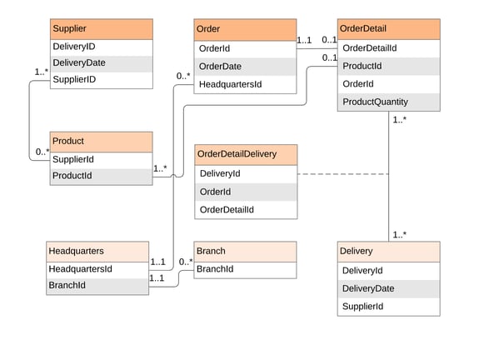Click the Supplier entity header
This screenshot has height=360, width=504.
pyautogui.click(x=101, y=28)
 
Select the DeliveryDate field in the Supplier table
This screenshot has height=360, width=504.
pyautogui.click(x=101, y=63)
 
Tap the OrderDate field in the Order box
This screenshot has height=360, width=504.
pyautogui.click(x=245, y=67)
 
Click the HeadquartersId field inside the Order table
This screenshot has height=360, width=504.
pyautogui.click(x=245, y=84)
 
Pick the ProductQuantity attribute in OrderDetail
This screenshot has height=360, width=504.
pyautogui.click(x=388, y=102)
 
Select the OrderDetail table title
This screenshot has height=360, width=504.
pyautogui.click(x=388, y=29)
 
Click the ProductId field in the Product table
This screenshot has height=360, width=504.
pyautogui.click(x=101, y=176)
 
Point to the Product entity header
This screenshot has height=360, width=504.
pyautogui.click(x=101, y=141)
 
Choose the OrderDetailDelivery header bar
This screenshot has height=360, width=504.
pyautogui.click(x=245, y=155)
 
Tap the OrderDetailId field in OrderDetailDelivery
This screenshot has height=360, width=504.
pyautogui.click(x=245, y=209)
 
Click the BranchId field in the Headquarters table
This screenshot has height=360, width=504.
pyautogui.click(x=97, y=286)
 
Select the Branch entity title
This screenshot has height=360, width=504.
pyautogui.click(x=245, y=251)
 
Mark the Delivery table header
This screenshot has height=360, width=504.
pyautogui.click(x=388, y=251)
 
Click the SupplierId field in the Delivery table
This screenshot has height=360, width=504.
pyautogui.click(x=388, y=307)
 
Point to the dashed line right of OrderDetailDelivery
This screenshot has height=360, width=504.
pyautogui.click(x=342, y=174)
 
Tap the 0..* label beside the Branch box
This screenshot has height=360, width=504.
pyautogui.click(x=186, y=262)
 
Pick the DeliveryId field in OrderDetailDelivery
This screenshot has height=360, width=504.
pyautogui.click(x=245, y=173)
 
